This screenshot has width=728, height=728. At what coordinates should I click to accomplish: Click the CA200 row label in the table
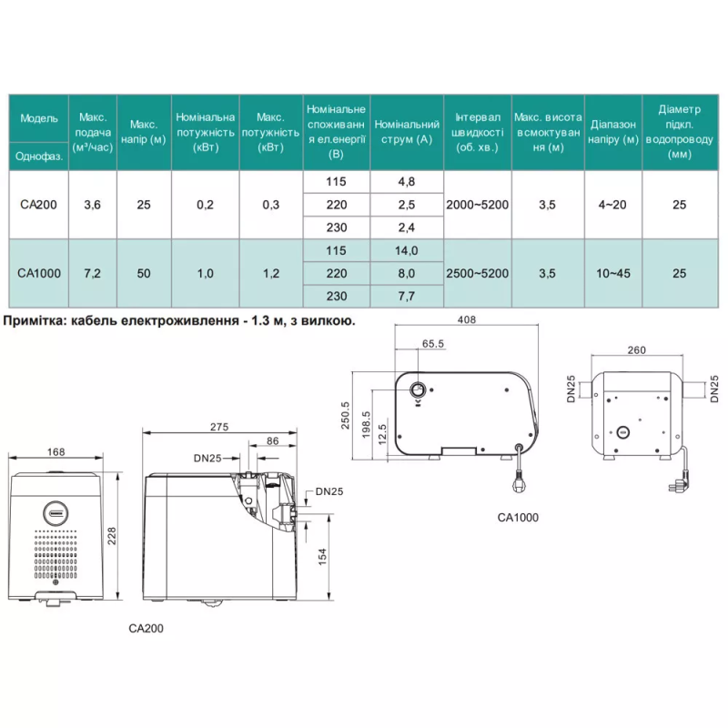point(37,205)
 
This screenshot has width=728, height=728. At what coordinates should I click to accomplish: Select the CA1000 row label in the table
point(37,272)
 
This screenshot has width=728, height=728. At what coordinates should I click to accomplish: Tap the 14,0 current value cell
point(406,250)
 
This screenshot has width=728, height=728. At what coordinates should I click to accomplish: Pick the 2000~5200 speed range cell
point(477,205)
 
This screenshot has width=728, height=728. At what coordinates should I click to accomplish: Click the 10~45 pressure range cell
point(611,272)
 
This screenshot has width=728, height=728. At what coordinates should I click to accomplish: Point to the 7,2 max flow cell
point(92,272)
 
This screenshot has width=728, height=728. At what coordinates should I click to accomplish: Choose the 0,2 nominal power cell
point(205,205)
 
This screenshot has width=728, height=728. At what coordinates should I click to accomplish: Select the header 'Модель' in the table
point(38,118)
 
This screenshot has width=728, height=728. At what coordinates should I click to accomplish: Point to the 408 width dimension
point(467,319)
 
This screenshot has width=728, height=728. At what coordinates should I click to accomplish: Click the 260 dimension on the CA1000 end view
point(638,349)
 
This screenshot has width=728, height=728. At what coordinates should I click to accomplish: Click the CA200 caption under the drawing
point(147,627)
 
